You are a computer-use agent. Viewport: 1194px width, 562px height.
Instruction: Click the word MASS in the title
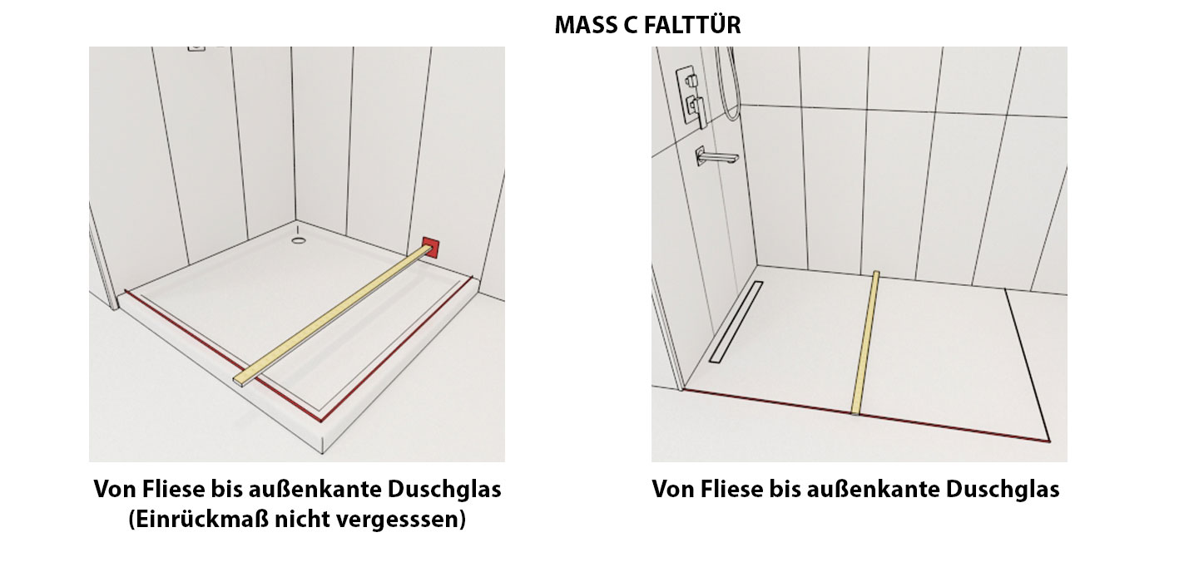(x=585, y=26)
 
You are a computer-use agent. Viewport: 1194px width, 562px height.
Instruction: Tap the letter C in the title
(x=630, y=26)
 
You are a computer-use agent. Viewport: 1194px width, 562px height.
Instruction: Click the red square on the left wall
(x=431, y=248)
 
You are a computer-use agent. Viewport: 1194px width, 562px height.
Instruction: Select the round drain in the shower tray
(x=299, y=240)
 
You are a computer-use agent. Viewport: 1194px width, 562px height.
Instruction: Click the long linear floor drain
(x=736, y=322)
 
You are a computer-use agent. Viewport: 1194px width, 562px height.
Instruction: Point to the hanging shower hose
(x=727, y=84)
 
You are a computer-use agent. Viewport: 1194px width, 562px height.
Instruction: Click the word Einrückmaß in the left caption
(x=201, y=519)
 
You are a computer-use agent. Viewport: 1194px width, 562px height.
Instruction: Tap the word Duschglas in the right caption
(x=1002, y=490)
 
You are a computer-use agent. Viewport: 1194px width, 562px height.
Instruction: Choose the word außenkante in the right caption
(x=873, y=490)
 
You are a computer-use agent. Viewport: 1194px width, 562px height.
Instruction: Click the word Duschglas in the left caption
(x=444, y=490)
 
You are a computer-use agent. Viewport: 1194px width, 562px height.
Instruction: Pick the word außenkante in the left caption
(x=315, y=490)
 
